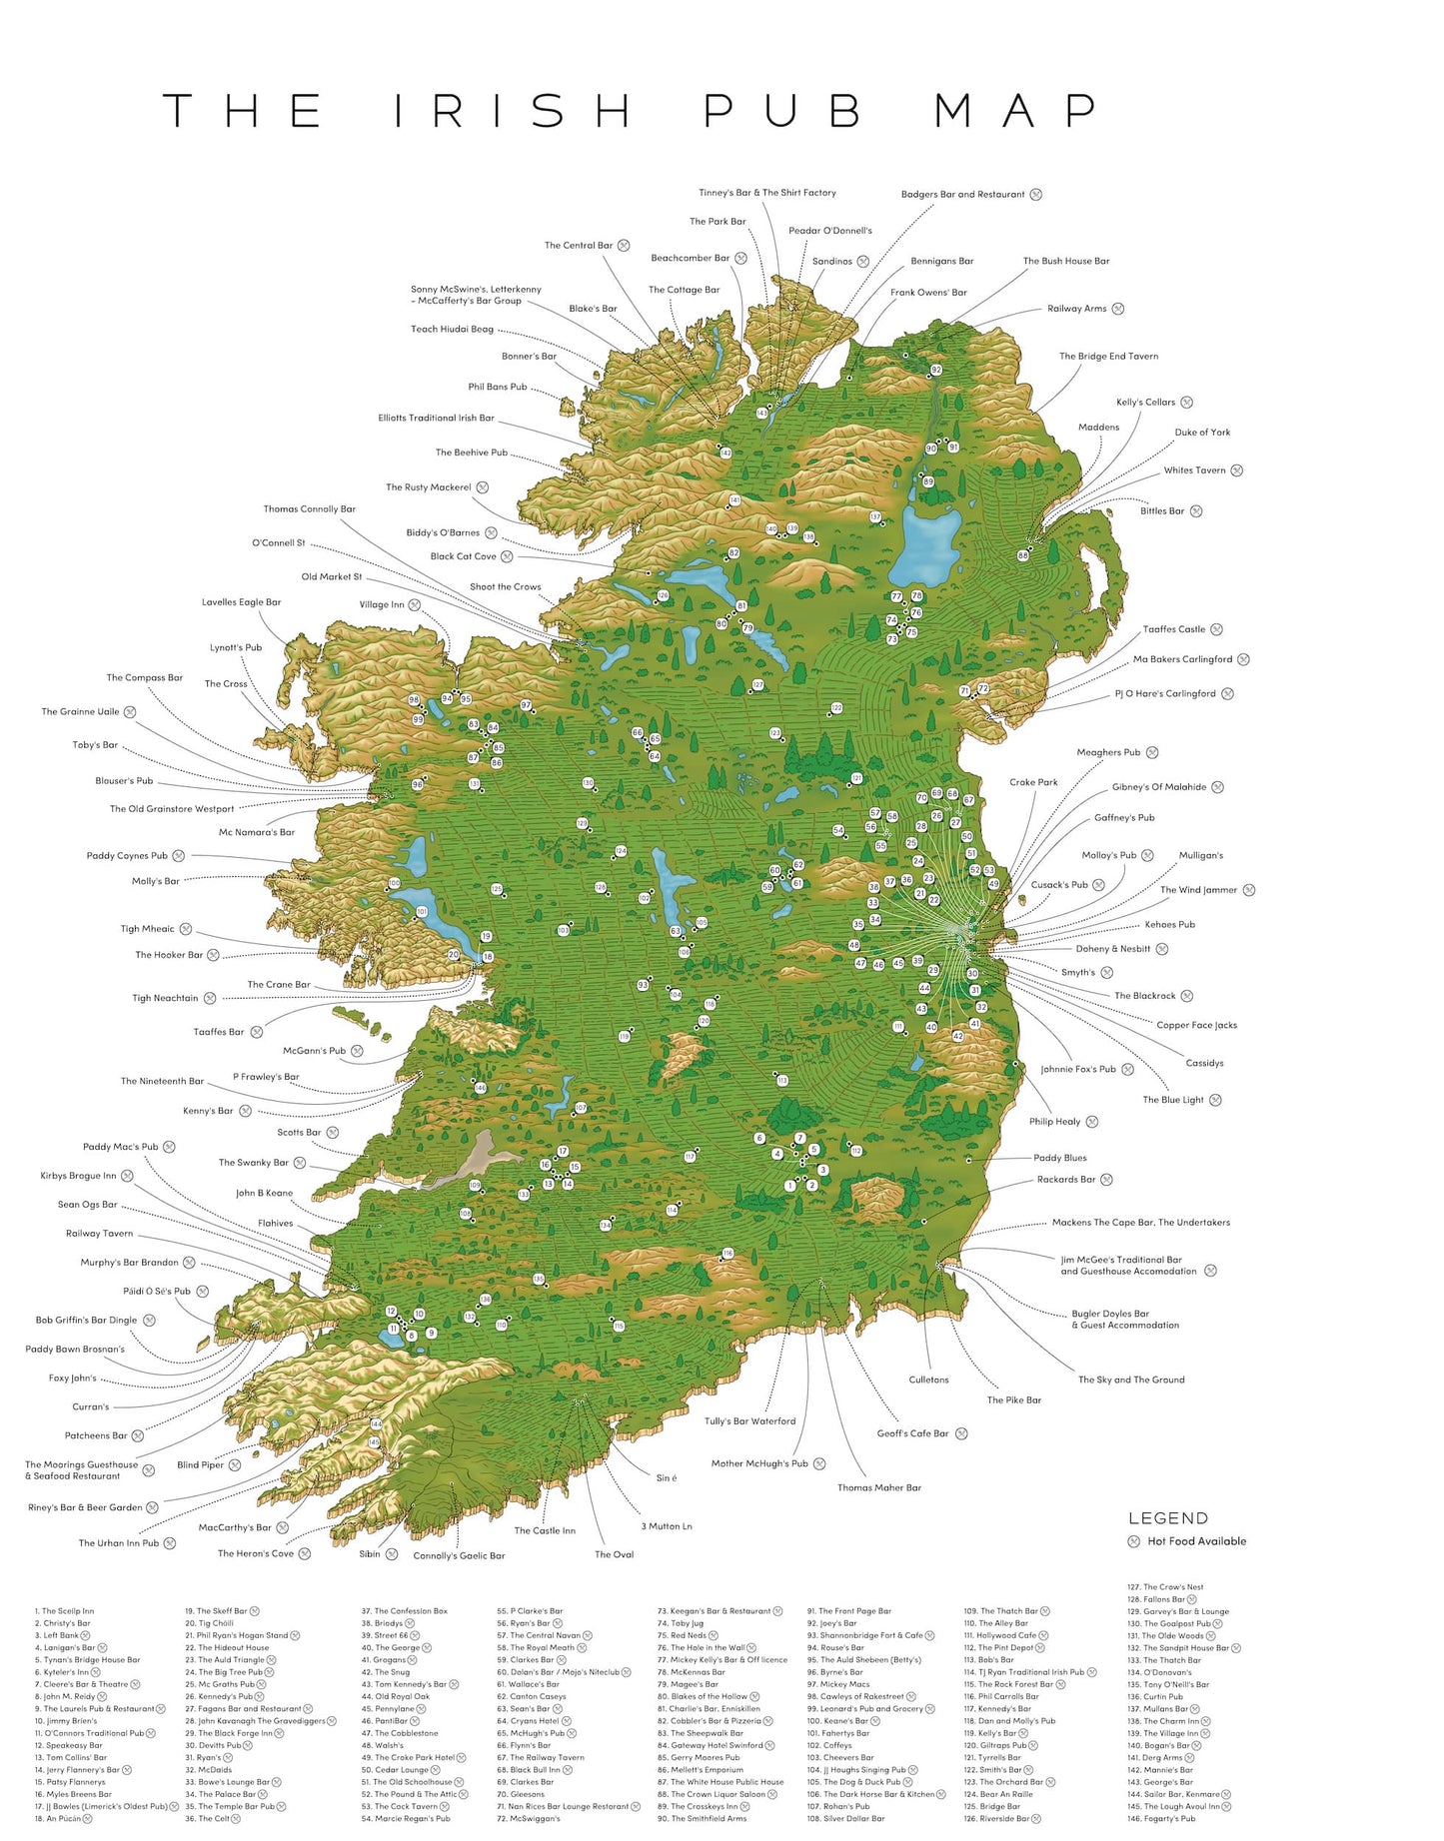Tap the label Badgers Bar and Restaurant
pyautogui.click(x=962, y=195)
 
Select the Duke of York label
pyautogui.click(x=1202, y=433)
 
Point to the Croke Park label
pyautogui.click(x=1033, y=782)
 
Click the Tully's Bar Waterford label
pyautogui.click(x=749, y=1420)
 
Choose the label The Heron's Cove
pyautogui.click(x=256, y=1553)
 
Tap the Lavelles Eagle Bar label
pyautogui.click(x=241, y=602)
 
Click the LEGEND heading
pyautogui.click(x=1167, y=1518)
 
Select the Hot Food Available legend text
pyautogui.click(x=1196, y=1541)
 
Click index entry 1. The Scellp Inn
pyautogui.click(x=65, y=1611)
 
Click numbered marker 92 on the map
pyautogui.click(x=936, y=371)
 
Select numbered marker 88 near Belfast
pyautogui.click(x=1022, y=555)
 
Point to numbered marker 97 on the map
pyautogui.click(x=526, y=705)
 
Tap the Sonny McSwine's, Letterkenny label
pyautogui.click(x=476, y=290)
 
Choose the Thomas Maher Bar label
pyautogui.click(x=878, y=1487)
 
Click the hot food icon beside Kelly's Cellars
pyautogui.click(x=1186, y=403)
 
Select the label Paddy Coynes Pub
pyautogui.click(x=127, y=856)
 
